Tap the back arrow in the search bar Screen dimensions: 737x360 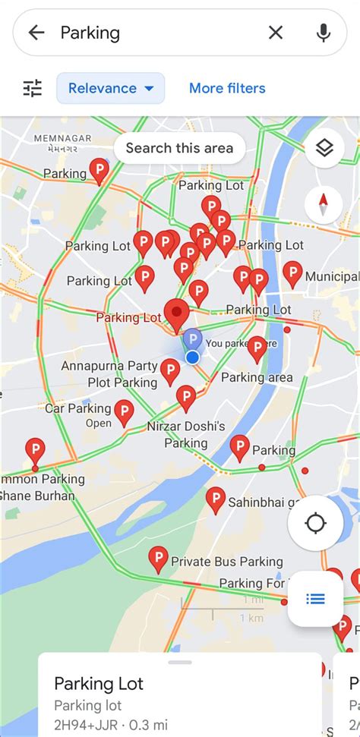(36, 32)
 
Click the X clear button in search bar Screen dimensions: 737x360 (276, 32)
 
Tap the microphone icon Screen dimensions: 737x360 (324, 32)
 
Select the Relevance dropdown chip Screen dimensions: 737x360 (110, 88)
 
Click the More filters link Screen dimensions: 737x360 (227, 88)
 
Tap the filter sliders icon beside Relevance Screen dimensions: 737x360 (33, 88)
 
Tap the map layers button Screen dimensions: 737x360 (324, 149)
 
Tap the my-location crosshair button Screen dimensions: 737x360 (315, 523)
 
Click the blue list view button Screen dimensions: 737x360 (315, 599)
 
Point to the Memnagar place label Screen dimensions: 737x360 (63, 139)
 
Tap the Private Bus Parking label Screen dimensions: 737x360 (226, 562)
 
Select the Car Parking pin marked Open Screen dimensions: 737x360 (124, 412)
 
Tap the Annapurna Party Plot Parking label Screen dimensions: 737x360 (109, 374)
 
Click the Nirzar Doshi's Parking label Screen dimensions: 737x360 (186, 434)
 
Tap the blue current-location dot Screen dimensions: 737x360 (193, 357)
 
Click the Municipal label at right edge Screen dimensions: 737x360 (331, 277)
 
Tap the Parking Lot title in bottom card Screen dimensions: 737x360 (99, 684)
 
